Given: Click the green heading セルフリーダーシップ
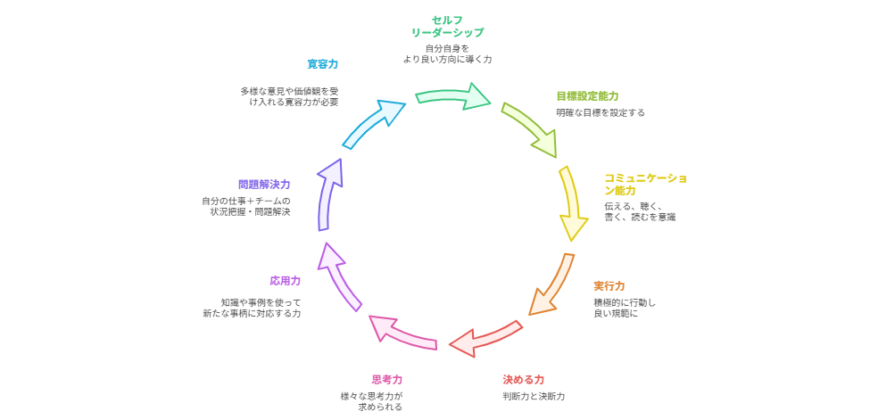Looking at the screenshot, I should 446,26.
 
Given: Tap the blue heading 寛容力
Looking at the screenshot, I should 322,64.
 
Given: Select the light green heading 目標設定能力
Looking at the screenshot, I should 587,95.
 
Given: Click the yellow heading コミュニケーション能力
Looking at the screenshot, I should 644,184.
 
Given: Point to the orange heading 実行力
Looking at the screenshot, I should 609,286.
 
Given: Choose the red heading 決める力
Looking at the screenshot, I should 523,379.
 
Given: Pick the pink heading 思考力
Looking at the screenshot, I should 386,379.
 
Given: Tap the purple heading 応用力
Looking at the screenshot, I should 285,281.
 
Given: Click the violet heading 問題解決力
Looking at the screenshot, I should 263,185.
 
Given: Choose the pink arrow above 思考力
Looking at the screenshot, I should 402,331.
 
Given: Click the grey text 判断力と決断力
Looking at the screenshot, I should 534,396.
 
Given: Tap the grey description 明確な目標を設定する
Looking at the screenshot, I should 600,113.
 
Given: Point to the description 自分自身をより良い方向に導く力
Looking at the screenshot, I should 446,54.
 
